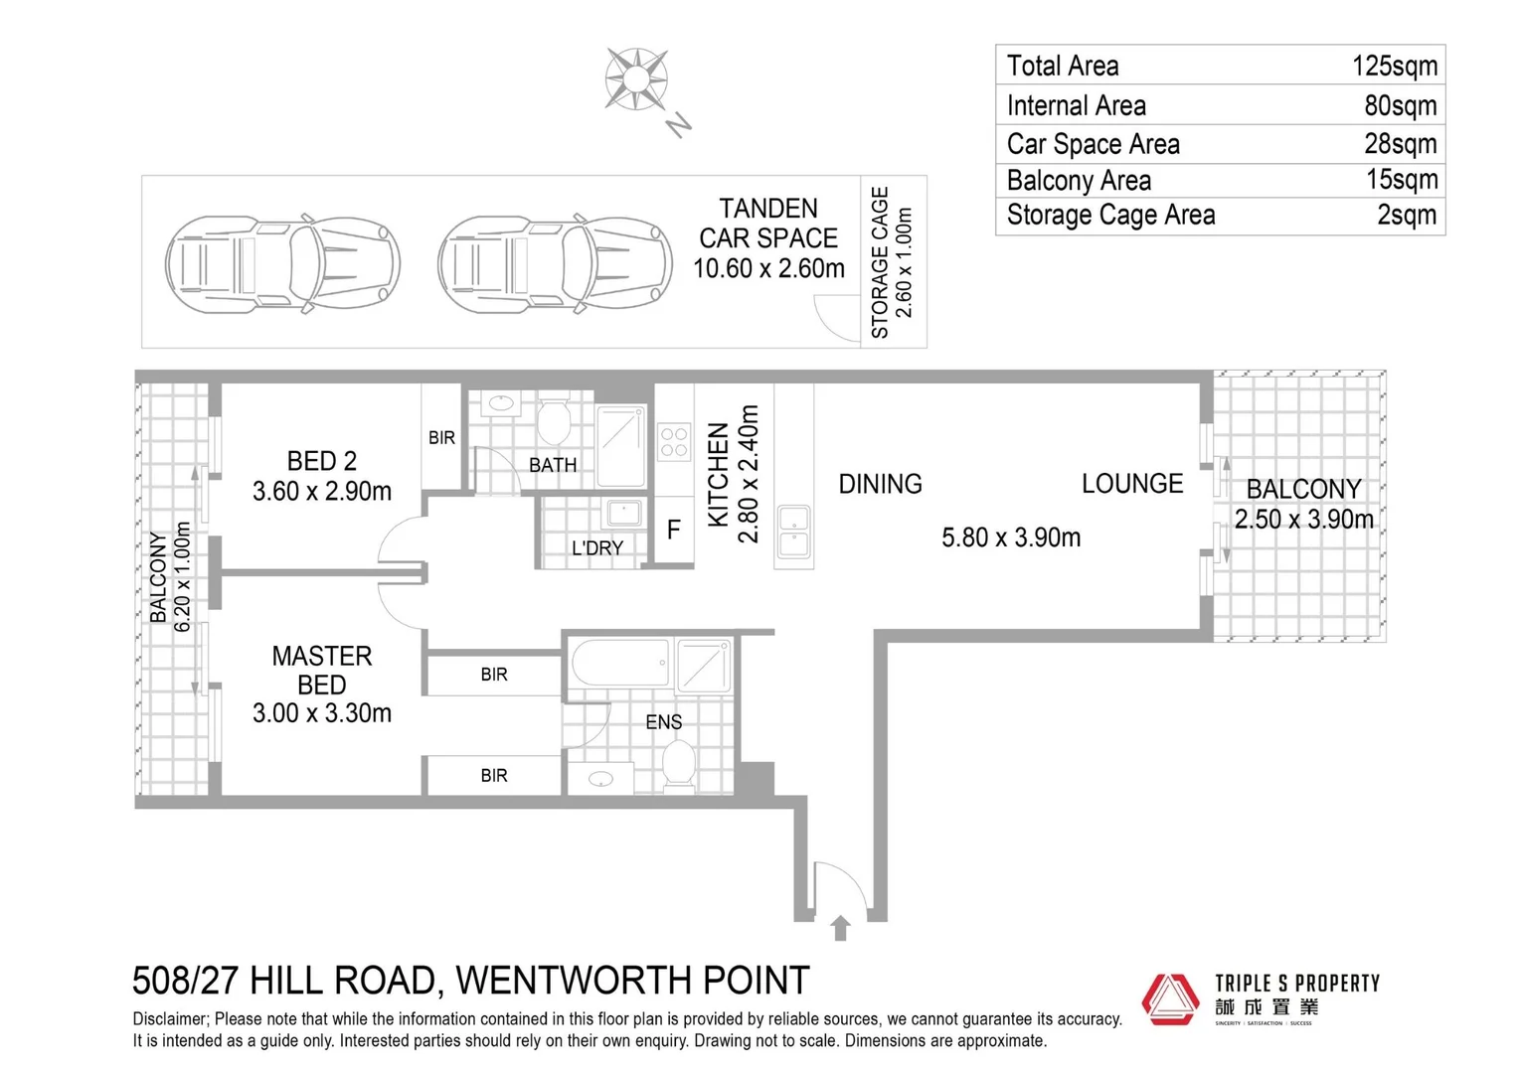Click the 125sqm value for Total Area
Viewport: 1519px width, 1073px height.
(1394, 67)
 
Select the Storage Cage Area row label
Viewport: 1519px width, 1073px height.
(1110, 216)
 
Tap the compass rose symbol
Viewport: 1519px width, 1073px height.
(636, 78)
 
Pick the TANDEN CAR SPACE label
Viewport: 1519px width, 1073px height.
(768, 238)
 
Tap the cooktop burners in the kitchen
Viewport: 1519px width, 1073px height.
(674, 442)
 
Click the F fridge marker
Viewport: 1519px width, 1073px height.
(673, 531)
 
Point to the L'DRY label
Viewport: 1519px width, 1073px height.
(597, 548)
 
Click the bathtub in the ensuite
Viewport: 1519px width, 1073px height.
(619, 664)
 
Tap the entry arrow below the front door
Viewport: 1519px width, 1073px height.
(840, 928)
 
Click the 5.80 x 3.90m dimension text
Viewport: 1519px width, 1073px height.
(1010, 537)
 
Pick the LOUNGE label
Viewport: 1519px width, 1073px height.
(1132, 484)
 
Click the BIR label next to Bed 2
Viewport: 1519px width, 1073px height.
(441, 438)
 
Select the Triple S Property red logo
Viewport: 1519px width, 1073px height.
(1170, 998)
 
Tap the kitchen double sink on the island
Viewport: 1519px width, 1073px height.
(793, 532)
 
